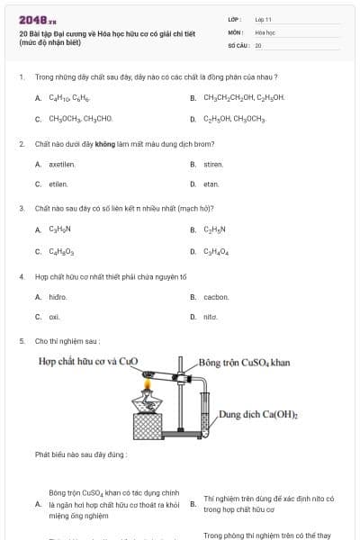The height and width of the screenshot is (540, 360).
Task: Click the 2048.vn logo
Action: [38, 19]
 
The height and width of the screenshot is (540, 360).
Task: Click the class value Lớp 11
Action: [263, 18]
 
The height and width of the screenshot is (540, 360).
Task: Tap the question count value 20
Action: [258, 44]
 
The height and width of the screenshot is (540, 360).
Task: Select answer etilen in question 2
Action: [58, 184]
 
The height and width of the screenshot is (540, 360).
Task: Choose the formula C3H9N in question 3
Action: [60, 229]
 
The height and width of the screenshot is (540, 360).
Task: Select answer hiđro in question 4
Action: [58, 296]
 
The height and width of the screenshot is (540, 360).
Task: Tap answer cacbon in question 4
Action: [216, 296]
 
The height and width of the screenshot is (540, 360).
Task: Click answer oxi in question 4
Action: [54, 317]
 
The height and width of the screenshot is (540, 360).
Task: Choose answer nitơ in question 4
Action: [211, 317]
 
